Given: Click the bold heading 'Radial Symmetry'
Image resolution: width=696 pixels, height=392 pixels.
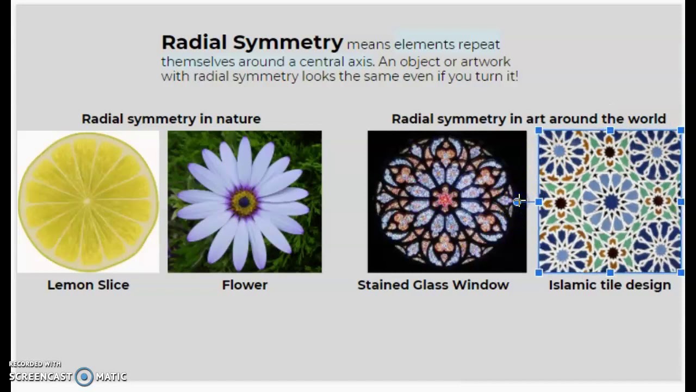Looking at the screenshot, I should (252, 42).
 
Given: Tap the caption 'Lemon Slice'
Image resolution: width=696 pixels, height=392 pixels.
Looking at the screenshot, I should (88, 285).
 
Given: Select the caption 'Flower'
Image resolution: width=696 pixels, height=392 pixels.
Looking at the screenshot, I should (245, 285).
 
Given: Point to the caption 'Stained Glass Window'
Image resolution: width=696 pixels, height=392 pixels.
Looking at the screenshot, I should (433, 285).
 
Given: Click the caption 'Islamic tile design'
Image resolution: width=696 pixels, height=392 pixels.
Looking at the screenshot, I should (610, 285).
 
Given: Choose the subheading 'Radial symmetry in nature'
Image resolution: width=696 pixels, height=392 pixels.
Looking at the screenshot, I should (171, 119).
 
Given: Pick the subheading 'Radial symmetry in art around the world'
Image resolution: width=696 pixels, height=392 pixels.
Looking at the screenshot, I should (529, 119).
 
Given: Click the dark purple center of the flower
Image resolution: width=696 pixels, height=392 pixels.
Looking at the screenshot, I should (244, 202).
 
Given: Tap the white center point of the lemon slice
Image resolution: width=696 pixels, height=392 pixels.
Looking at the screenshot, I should (87, 201).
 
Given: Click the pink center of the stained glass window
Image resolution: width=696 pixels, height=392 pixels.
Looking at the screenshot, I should (446, 200).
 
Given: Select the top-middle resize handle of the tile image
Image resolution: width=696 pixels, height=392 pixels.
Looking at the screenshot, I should (610, 131).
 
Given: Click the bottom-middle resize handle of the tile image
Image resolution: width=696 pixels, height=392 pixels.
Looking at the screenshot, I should (610, 272).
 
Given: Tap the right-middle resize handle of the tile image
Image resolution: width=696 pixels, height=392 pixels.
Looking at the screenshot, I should (681, 201).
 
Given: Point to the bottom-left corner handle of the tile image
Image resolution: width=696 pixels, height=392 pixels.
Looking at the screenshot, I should (539, 272).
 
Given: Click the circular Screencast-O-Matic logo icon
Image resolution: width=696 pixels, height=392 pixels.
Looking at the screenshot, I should (84, 377).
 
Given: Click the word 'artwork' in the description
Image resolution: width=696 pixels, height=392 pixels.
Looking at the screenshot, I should (488, 62).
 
